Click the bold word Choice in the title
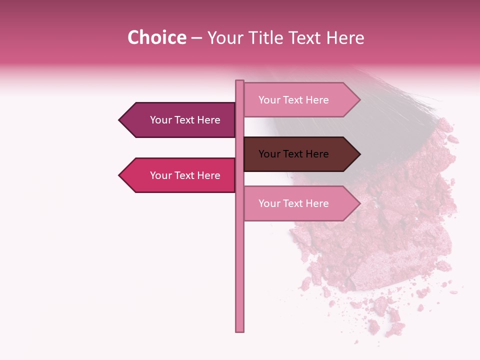pyautogui.click(x=156, y=37)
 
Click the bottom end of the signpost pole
pyautogui.click(x=239, y=330)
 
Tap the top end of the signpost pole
pyautogui.click(x=239, y=82)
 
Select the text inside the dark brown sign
pyautogui.click(x=293, y=154)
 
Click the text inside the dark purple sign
pyautogui.click(x=185, y=120)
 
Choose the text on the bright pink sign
pyautogui.click(x=185, y=175)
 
